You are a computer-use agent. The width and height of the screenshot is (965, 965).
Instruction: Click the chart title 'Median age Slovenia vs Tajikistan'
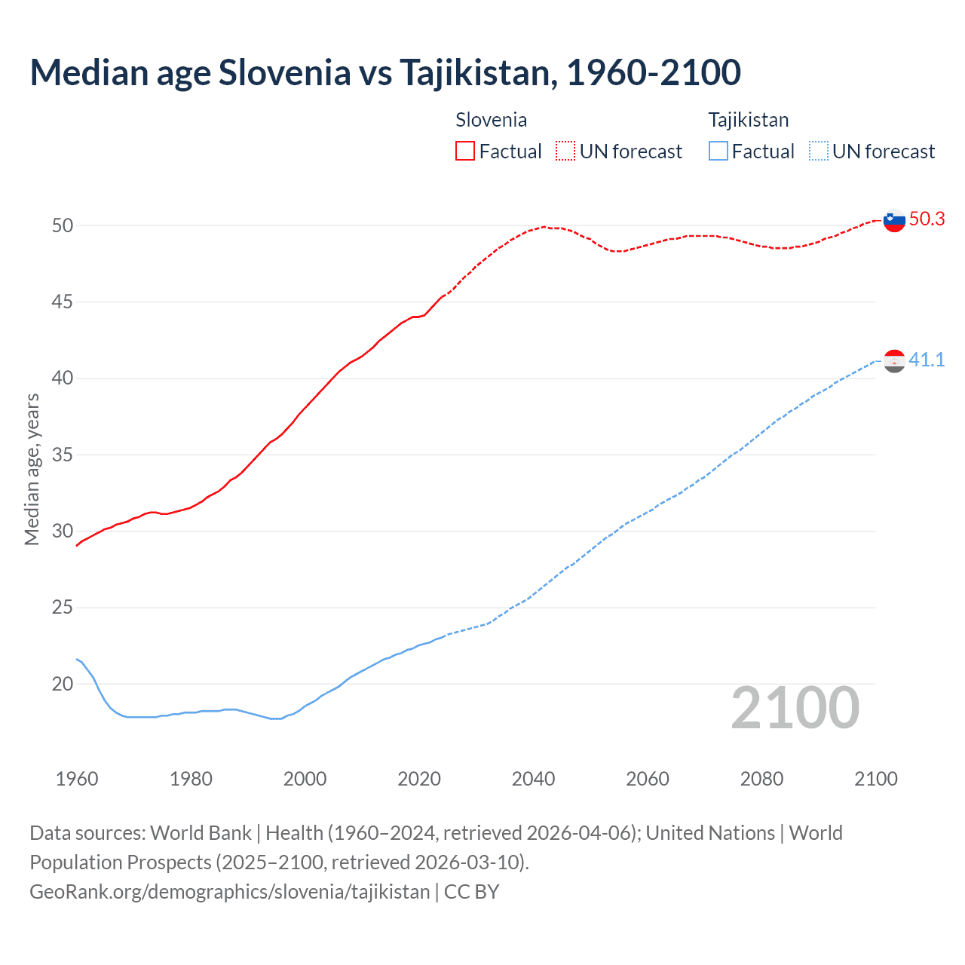385,72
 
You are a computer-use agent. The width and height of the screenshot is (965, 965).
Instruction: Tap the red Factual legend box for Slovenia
465,152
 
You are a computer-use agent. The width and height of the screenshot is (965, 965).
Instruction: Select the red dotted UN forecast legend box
565,152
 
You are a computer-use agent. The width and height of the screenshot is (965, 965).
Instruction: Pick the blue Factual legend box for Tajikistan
718,152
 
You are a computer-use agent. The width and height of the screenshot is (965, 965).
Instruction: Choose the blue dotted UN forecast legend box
818,152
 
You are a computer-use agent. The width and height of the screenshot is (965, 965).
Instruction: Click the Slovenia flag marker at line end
894,221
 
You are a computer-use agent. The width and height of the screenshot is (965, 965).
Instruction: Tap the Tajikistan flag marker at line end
894,361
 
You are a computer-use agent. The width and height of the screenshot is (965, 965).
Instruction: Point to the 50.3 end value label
927,219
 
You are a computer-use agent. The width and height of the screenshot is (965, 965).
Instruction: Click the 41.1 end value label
927,360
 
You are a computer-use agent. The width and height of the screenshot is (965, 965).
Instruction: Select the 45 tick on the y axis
63,302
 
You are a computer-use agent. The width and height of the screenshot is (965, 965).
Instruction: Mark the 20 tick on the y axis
63,685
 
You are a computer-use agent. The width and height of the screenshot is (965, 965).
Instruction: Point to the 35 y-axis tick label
63,455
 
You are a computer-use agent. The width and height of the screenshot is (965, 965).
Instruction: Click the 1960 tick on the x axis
77,779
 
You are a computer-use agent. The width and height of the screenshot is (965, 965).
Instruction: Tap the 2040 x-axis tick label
533,779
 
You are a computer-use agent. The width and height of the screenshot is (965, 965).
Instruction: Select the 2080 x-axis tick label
761,779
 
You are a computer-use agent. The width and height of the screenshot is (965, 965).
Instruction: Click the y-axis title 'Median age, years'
32,469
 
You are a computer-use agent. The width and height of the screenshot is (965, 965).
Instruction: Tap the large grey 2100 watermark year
795,708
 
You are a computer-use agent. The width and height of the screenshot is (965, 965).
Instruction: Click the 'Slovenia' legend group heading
491,120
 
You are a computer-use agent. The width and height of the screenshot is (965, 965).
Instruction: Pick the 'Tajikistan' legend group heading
748,120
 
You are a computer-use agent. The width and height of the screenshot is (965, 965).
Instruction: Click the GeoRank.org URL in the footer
229,892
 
